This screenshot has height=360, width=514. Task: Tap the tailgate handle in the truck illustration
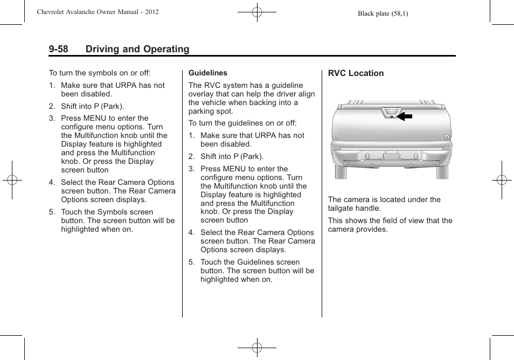[x=390, y=113]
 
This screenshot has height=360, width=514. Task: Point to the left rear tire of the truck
[x=341, y=172]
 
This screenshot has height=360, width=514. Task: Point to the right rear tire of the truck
[x=442, y=172]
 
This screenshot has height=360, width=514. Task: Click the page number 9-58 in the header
[x=58, y=49]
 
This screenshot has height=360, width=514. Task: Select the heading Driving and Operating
[x=137, y=49]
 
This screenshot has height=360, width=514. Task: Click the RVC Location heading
[x=356, y=73]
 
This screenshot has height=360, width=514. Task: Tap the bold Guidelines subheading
[x=207, y=73]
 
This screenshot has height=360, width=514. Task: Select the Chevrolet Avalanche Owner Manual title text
[x=98, y=12]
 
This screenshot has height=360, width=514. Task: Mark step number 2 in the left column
[x=52, y=106]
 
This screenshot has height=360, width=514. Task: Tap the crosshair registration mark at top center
[x=257, y=12]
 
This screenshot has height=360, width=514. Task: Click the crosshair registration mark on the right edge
[x=501, y=180]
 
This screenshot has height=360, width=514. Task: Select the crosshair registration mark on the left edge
[x=12, y=180]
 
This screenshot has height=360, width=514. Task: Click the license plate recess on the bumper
[x=392, y=155]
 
